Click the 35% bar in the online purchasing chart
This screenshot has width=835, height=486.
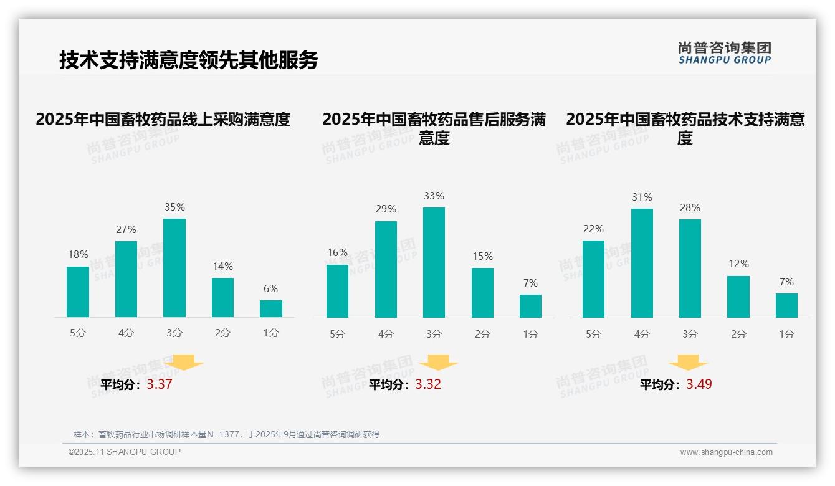tap(174, 268)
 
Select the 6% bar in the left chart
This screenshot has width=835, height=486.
tap(271, 309)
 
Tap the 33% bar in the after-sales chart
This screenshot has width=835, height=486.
tap(434, 262)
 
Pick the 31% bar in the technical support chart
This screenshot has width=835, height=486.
tap(642, 263)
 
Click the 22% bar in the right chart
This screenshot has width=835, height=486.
tap(593, 279)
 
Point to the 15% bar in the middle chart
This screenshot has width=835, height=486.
tap(482, 293)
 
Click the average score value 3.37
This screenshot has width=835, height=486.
tap(160, 384)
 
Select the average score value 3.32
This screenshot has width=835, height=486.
tap(428, 384)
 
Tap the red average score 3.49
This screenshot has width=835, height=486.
tap(699, 384)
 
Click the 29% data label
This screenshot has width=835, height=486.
tap(386, 209)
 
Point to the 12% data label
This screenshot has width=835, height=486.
tap(738, 264)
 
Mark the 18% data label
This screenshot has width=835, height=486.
tap(78, 255)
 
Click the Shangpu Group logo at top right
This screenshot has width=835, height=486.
tap(725, 53)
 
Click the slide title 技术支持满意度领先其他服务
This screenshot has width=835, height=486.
tap(189, 60)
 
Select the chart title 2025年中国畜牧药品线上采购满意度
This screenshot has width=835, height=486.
tap(163, 120)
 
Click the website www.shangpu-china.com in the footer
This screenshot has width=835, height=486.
tap(726, 452)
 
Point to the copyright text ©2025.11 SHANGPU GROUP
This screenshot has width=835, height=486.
tap(125, 452)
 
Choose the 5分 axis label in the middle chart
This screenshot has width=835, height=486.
tap(337, 335)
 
